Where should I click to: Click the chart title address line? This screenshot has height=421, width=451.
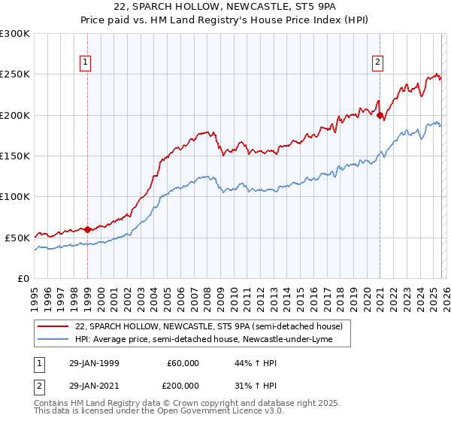[225, 8]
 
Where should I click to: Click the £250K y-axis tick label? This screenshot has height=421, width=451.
[15, 74]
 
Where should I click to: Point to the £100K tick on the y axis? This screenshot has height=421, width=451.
[15, 196]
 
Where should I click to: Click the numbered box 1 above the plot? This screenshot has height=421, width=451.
[87, 63]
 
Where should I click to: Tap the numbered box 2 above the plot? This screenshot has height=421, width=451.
[377, 63]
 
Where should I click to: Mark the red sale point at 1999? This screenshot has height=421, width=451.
[88, 229]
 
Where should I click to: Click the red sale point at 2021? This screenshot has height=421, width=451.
[380, 115]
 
